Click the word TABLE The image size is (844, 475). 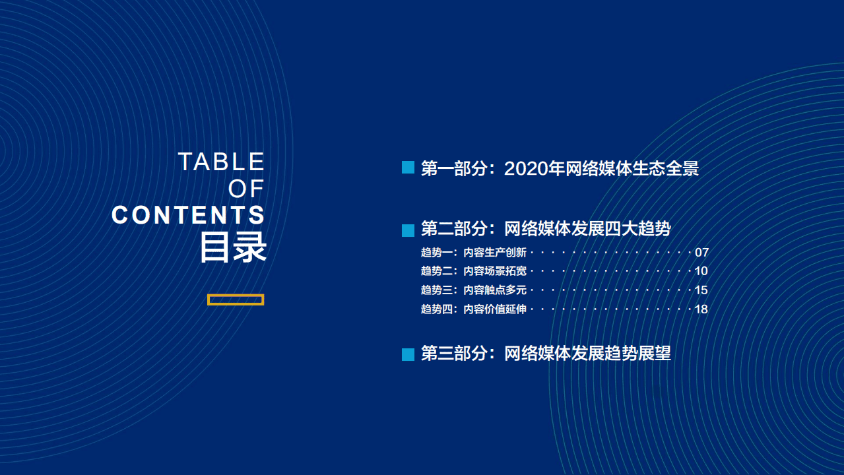(x=221, y=162)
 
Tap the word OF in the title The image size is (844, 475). (x=246, y=189)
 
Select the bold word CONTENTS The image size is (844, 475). (x=189, y=215)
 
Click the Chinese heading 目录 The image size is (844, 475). (x=233, y=247)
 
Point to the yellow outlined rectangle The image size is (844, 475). (x=236, y=300)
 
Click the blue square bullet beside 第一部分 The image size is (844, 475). (x=408, y=168)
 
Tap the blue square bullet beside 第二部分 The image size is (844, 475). (x=408, y=230)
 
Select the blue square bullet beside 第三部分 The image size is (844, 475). (x=408, y=354)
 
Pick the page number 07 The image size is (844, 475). (x=701, y=253)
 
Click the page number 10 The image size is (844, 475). (x=701, y=271)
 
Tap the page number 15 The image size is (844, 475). (x=701, y=290)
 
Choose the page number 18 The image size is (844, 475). (x=701, y=309)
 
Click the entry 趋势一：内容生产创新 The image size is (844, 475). (x=474, y=253)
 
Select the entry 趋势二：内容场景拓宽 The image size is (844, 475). (x=474, y=271)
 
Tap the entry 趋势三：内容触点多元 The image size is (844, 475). (x=474, y=290)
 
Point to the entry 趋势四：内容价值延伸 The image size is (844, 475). (x=474, y=309)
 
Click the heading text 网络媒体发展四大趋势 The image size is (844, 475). (x=587, y=229)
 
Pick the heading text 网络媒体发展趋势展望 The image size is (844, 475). (x=587, y=353)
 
